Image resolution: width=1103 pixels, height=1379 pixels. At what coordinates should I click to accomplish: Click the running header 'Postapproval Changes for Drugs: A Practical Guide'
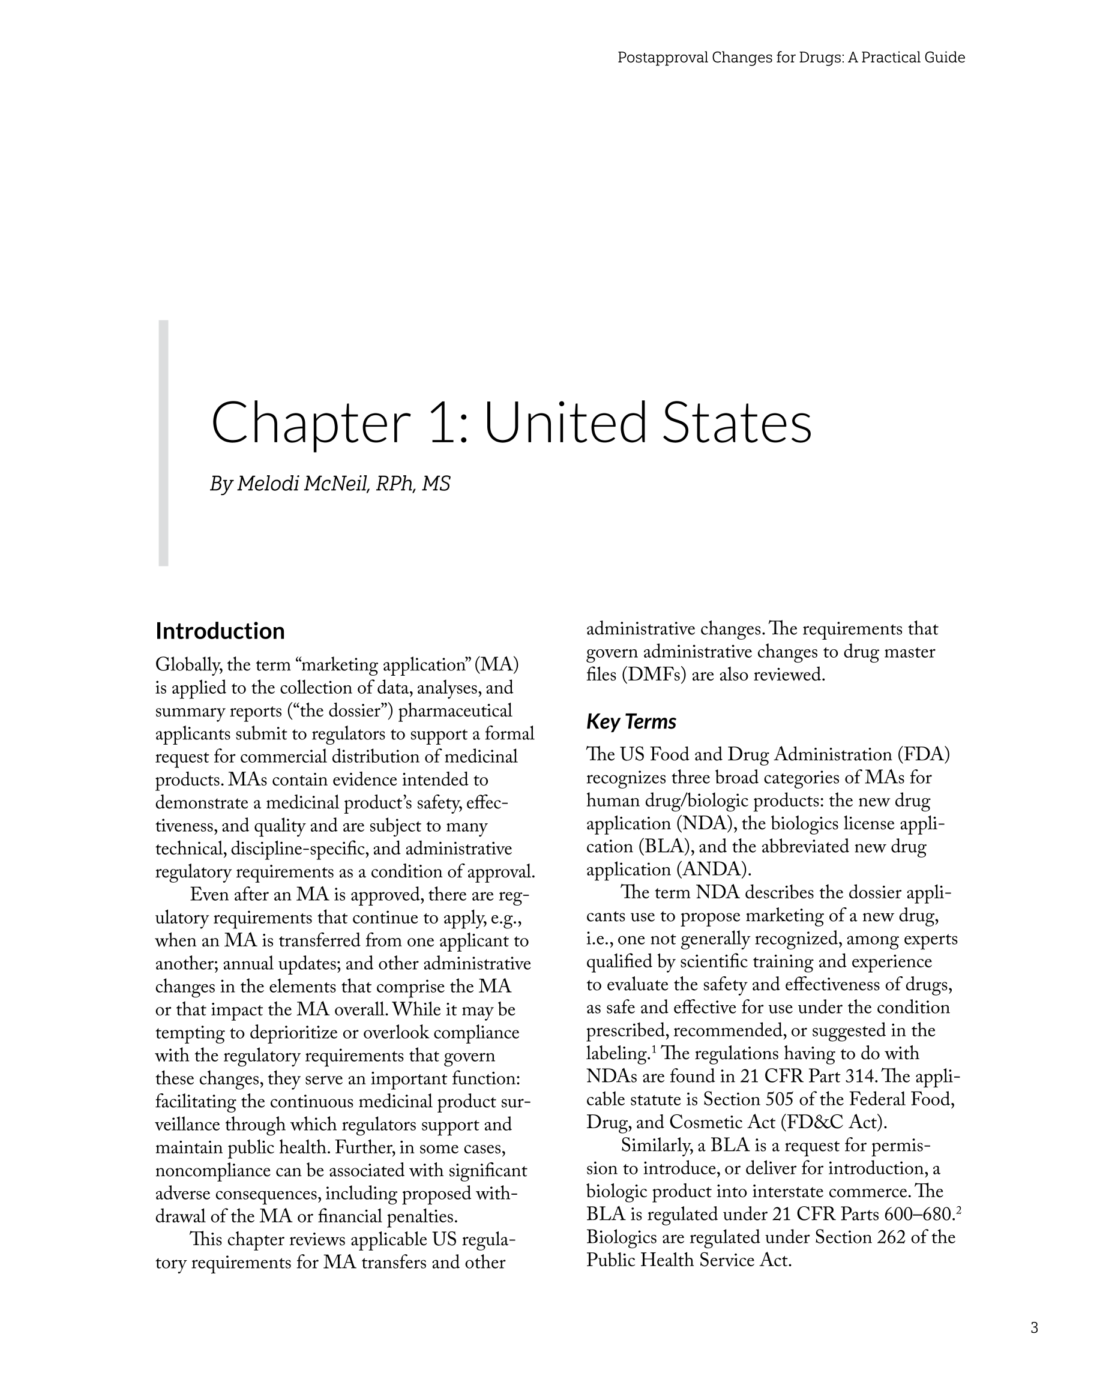tap(791, 58)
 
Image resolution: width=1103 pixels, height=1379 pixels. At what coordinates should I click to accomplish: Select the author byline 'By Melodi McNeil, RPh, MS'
tap(330, 484)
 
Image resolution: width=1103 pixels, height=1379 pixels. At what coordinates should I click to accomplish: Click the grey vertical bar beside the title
tap(163, 443)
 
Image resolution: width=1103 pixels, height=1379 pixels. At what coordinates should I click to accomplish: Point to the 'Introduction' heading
tap(220, 631)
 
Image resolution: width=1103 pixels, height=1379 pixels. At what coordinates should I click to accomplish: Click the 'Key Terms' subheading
tap(631, 721)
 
